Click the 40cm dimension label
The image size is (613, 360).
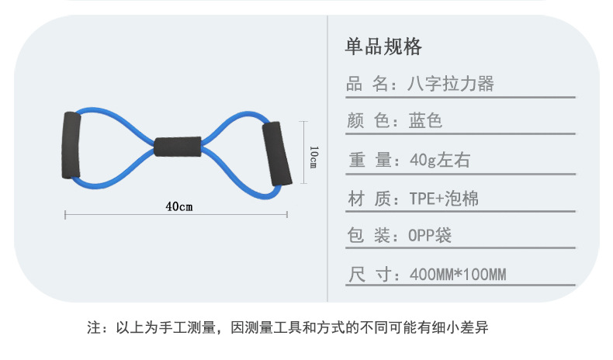(x=178, y=206)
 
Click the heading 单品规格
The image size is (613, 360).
(x=383, y=47)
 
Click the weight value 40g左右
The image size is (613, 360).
(x=439, y=161)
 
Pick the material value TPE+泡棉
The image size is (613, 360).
(x=444, y=199)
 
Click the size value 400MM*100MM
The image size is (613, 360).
(x=458, y=274)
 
